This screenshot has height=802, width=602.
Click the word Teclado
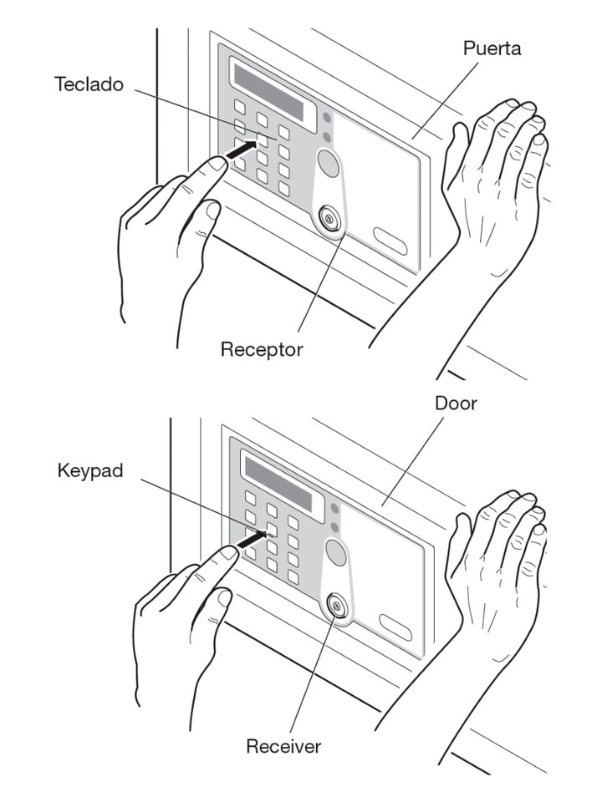(x=90, y=84)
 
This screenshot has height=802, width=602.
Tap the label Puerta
(x=492, y=48)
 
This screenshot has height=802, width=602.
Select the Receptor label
(x=262, y=348)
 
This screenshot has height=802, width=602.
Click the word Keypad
(x=90, y=470)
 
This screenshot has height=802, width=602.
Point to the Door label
(x=456, y=403)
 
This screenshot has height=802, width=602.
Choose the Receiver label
(x=283, y=745)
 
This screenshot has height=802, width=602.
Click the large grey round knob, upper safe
(x=329, y=163)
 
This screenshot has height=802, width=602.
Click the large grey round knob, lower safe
(x=335, y=552)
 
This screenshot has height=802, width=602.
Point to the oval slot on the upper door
(x=390, y=241)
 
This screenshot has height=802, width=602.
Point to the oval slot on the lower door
(x=395, y=627)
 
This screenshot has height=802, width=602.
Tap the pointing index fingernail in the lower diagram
(x=227, y=553)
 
